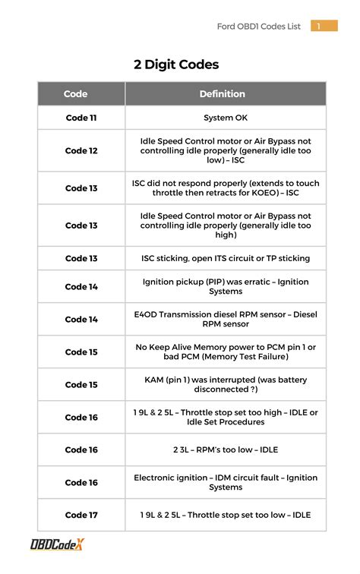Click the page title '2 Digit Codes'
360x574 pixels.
(x=176, y=65)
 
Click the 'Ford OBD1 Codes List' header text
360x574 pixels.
(x=258, y=27)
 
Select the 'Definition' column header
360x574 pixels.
(x=222, y=94)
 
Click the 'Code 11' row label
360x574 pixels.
(x=81, y=118)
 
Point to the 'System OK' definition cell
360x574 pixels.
(x=226, y=118)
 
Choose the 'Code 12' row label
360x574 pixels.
(x=81, y=150)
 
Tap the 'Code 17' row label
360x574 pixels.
(x=81, y=515)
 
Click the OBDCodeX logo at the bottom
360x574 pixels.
(x=58, y=544)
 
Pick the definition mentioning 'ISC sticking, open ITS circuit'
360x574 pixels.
(x=226, y=258)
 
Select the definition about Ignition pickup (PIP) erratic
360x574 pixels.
(x=226, y=286)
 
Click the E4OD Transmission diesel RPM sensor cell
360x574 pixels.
(x=226, y=319)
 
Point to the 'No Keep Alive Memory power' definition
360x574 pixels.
(x=226, y=352)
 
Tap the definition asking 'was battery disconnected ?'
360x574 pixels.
(x=226, y=384)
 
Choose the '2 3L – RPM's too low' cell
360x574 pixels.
(x=226, y=449)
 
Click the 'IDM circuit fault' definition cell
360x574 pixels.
(x=226, y=482)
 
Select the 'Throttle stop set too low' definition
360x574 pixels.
(x=226, y=515)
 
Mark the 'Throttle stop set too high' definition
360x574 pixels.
(x=226, y=417)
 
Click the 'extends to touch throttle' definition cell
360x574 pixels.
(x=226, y=188)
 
